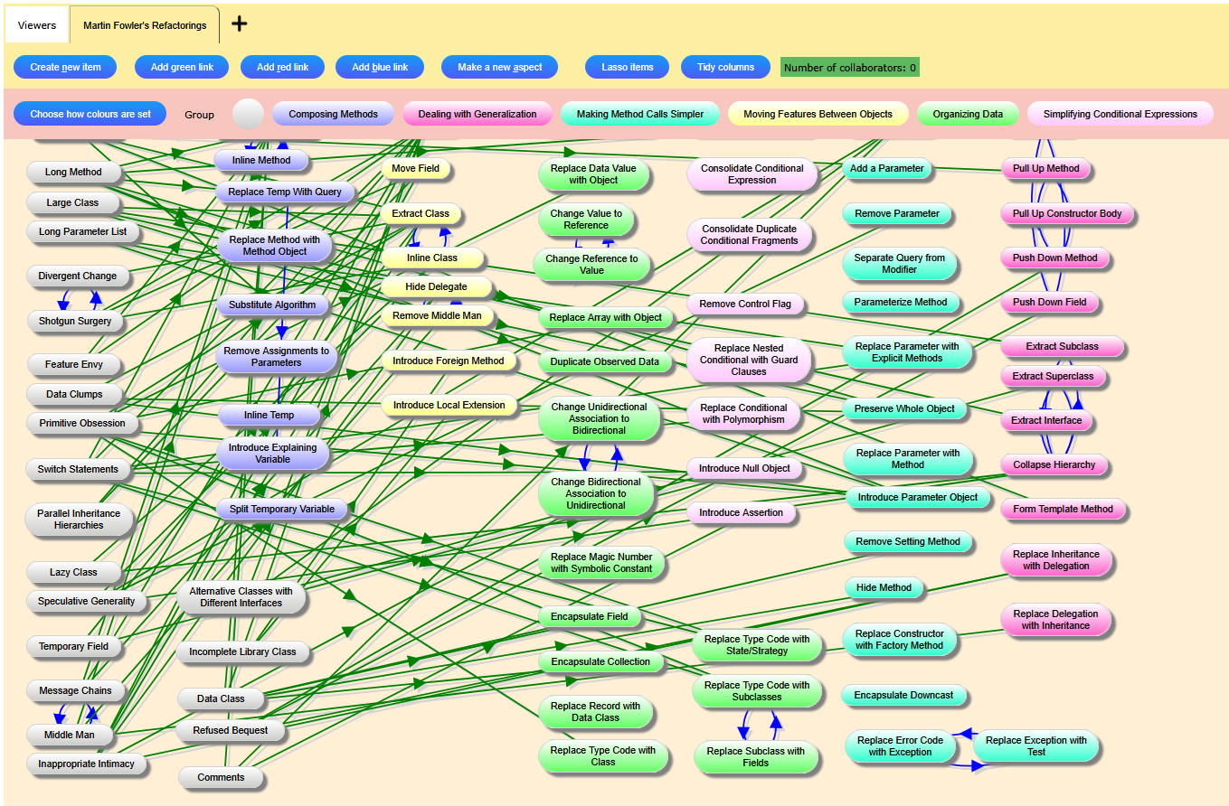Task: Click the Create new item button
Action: pyautogui.click(x=65, y=67)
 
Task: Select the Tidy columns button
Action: pyautogui.click(x=725, y=67)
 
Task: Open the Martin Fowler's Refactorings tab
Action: pyautogui.click(x=145, y=25)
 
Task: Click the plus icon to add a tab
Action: pyautogui.click(x=239, y=24)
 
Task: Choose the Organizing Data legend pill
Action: pyautogui.click(x=968, y=114)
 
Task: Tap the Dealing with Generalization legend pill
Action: pyautogui.click(x=477, y=114)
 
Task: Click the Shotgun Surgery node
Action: pyautogui.click(x=75, y=321)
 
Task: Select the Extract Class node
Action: pyautogui.click(x=421, y=214)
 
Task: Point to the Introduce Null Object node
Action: pyautogui.click(x=744, y=468)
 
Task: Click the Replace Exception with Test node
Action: pyautogui.click(x=1035, y=745)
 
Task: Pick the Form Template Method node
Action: pyautogui.click(x=1063, y=509)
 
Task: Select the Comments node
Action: pyautogui.click(x=221, y=777)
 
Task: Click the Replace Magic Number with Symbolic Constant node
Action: pyautogui.click(x=601, y=562)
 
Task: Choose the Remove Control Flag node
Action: pyautogui.click(x=744, y=304)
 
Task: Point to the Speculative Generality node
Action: pyautogui.click(x=87, y=601)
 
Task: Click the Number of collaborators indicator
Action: pyautogui.click(x=849, y=68)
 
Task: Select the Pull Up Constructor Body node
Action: pyautogui.click(x=1067, y=214)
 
